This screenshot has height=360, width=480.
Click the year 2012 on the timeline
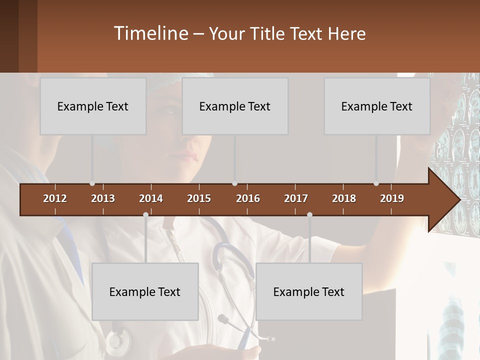(55, 198)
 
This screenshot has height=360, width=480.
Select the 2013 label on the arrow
(103, 198)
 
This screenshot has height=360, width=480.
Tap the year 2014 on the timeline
(151, 198)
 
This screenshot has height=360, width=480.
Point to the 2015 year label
(199, 198)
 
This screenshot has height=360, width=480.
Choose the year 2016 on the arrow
(248, 198)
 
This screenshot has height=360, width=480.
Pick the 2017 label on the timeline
(296, 198)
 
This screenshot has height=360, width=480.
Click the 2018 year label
(344, 198)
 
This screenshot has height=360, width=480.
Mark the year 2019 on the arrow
(392, 198)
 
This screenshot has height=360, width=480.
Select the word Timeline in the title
(150, 33)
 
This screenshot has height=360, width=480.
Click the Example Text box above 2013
(93, 106)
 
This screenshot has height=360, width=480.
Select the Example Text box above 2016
(235, 106)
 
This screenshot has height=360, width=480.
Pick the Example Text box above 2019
(377, 106)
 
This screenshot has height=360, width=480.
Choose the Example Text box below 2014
(145, 291)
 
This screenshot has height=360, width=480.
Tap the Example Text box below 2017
(309, 291)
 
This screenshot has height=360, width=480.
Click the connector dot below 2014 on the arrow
(145, 215)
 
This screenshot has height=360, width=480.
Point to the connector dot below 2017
(309, 215)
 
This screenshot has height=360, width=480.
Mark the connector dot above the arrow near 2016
(234, 183)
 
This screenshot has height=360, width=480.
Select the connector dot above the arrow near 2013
(92, 183)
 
